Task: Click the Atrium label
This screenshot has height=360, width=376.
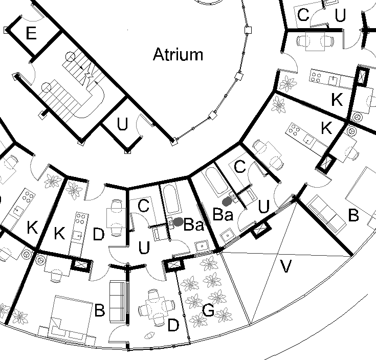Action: pyautogui.click(x=178, y=55)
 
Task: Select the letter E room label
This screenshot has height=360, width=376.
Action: pyautogui.click(x=31, y=34)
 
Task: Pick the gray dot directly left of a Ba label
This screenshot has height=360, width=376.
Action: pyautogui.click(x=179, y=221)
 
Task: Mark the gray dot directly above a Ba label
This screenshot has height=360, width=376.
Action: pyautogui.click(x=227, y=201)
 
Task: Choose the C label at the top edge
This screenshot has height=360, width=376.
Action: pyautogui.click(x=303, y=15)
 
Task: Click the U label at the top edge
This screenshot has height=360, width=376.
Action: pyautogui.click(x=340, y=16)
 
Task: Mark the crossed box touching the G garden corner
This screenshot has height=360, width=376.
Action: pyautogui.click(x=174, y=264)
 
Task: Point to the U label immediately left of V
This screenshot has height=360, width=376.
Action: pyautogui.click(x=264, y=207)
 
